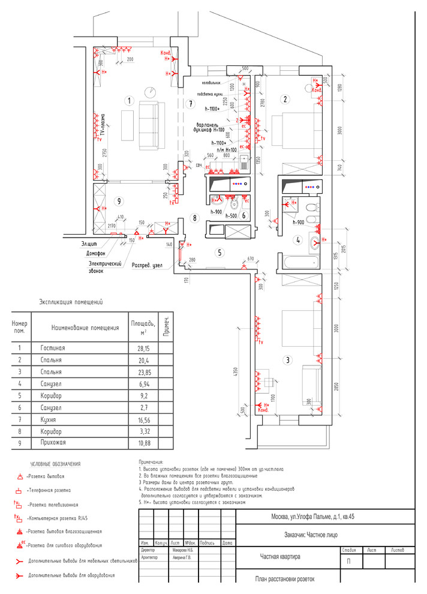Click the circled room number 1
[x=127, y=101]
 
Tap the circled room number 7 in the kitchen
[x=190, y=104]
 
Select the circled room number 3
[x=288, y=360]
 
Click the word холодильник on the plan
[x=212, y=83]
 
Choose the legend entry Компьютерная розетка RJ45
[x=60, y=518]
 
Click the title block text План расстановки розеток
[x=284, y=579]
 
